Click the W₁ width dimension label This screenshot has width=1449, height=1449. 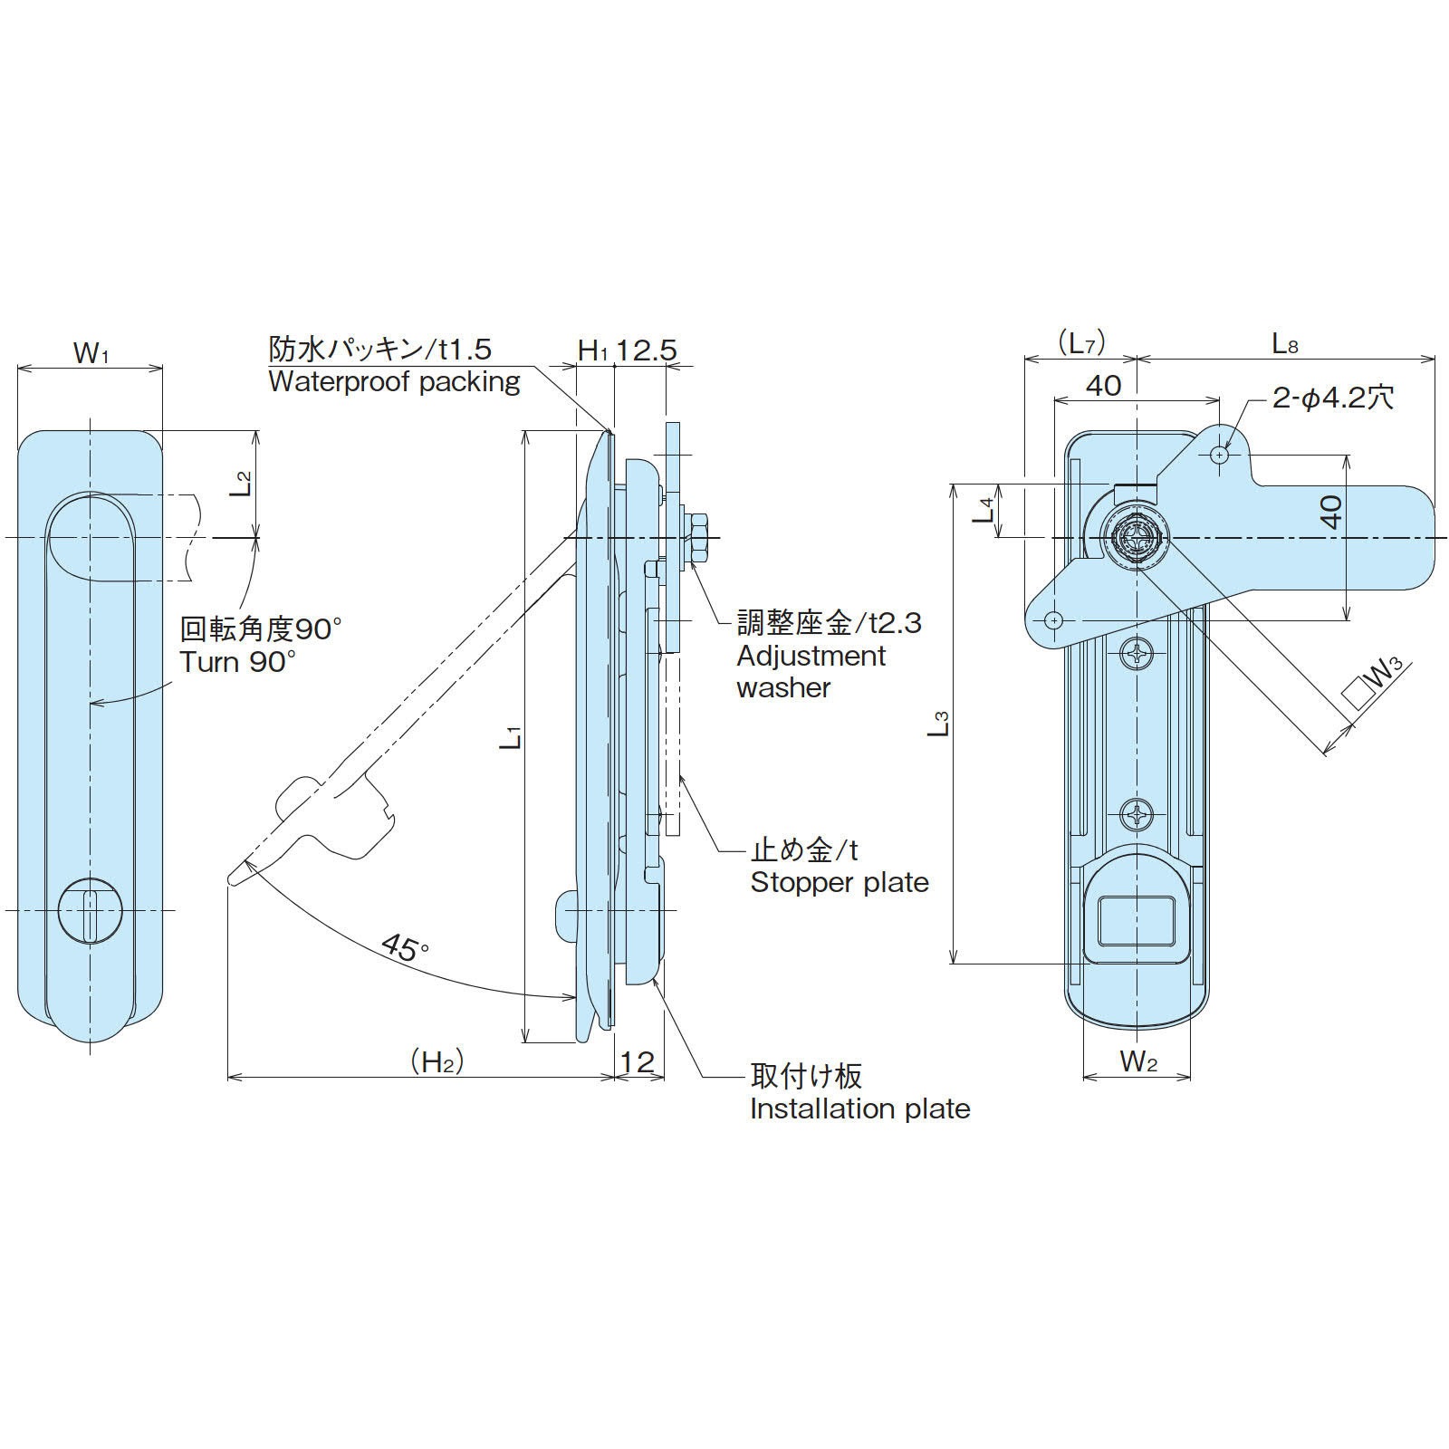(91, 352)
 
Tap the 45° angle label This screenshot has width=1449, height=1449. (405, 947)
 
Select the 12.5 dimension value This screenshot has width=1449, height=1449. (647, 350)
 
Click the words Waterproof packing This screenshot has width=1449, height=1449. (394, 381)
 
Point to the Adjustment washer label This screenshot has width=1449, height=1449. (811, 671)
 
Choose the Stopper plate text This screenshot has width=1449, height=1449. (840, 882)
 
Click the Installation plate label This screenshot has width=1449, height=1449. (860, 1108)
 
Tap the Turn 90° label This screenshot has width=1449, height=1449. (237, 661)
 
